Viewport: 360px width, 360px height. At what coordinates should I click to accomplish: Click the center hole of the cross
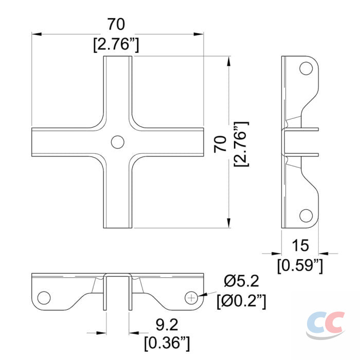[x=118, y=142]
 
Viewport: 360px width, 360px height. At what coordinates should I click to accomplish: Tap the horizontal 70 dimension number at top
[x=116, y=24]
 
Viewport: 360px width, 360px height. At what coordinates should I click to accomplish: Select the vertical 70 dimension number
[x=220, y=144]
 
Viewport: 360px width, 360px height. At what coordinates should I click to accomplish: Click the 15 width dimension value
[x=300, y=245]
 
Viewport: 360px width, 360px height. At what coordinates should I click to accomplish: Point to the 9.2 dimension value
[x=167, y=325]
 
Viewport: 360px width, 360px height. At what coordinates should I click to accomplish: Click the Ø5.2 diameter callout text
[x=241, y=281]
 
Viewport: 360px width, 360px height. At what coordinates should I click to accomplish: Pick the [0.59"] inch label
[x=300, y=266]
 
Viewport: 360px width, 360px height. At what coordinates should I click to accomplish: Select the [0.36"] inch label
[x=167, y=343]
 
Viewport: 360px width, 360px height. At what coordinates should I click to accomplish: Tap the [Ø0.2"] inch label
[x=241, y=301]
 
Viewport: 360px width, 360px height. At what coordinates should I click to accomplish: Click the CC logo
[x=326, y=325]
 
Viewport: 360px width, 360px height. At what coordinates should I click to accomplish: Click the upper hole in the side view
[x=306, y=68]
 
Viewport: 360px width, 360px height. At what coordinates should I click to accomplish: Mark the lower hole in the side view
[x=306, y=215]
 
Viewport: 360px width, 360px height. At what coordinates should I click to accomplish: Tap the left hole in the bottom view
[x=44, y=298]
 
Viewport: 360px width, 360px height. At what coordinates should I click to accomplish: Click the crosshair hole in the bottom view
[x=191, y=298]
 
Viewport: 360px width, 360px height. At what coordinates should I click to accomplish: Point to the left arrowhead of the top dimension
[x=37, y=34]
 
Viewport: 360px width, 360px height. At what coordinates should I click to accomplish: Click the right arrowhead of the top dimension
[x=199, y=34]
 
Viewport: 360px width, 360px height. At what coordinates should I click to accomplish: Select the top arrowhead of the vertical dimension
[x=228, y=61]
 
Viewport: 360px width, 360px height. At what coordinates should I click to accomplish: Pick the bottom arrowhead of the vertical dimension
[x=228, y=223]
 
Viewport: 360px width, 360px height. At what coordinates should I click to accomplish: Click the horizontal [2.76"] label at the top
[x=116, y=44]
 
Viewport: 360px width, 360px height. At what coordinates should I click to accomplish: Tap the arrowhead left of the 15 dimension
[x=277, y=254]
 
